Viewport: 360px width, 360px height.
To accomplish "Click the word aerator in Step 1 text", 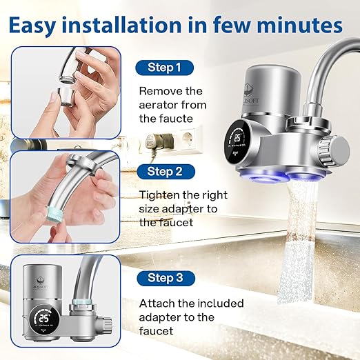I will tap(161, 104).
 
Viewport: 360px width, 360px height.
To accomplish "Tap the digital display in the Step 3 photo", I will tap(44, 319).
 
